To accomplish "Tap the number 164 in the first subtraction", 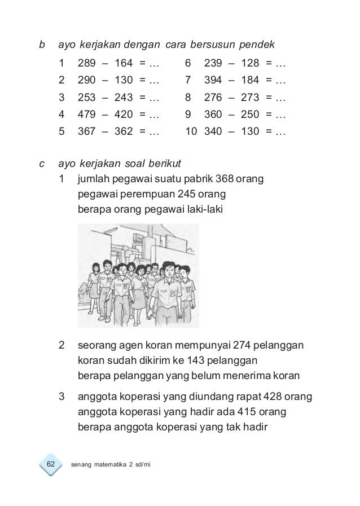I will (x=124, y=61).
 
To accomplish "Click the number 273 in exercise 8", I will (x=250, y=97).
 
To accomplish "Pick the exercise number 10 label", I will (x=190, y=133).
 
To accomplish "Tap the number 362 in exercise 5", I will (x=124, y=133).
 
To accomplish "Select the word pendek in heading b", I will (x=257, y=44).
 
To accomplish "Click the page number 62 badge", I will (x=50, y=464).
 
